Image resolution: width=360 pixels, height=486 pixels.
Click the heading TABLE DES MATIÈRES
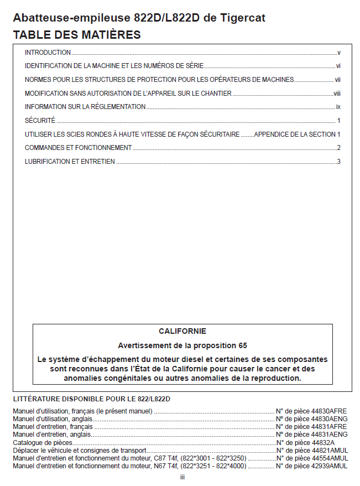point(77,35)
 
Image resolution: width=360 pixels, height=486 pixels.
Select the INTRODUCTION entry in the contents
point(48,53)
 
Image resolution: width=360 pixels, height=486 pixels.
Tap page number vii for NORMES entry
point(337,80)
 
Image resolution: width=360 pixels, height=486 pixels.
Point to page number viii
point(337,94)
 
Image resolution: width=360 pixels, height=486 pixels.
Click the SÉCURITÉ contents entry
point(40,121)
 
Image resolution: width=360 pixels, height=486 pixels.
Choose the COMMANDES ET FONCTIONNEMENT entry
point(78,148)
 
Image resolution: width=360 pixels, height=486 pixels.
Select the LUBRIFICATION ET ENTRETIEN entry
point(70,162)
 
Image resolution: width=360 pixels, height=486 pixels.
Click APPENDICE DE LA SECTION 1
point(297,135)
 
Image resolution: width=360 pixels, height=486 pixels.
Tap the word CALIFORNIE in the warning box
point(182,332)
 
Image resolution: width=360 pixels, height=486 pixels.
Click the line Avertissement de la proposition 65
point(182,345)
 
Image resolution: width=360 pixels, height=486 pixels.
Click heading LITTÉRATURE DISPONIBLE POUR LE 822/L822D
point(91,399)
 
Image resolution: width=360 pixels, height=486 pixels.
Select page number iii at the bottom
point(182,477)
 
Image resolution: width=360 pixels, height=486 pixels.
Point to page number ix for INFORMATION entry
point(338,107)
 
